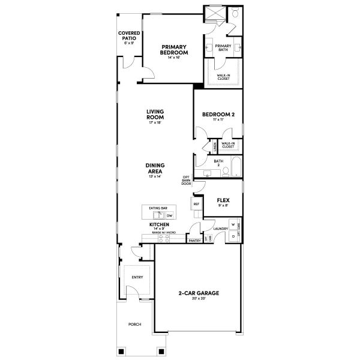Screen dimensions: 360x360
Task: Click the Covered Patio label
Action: [129, 35]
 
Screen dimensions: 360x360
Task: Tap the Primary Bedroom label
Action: [174, 49]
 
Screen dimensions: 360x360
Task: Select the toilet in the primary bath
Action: [235, 13]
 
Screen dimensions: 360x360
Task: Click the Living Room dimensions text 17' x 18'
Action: [155, 123]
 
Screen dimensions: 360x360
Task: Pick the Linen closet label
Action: [215, 145]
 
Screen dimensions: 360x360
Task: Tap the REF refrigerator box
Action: [196, 204]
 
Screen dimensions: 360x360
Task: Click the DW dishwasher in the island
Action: [169, 215]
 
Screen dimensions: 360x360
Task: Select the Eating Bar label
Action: [158, 208]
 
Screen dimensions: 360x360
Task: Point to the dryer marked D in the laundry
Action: [233, 236]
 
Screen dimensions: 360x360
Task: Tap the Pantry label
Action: [194, 240]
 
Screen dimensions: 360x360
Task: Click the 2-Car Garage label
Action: [198, 293]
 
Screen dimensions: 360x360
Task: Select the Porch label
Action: [134, 324]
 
